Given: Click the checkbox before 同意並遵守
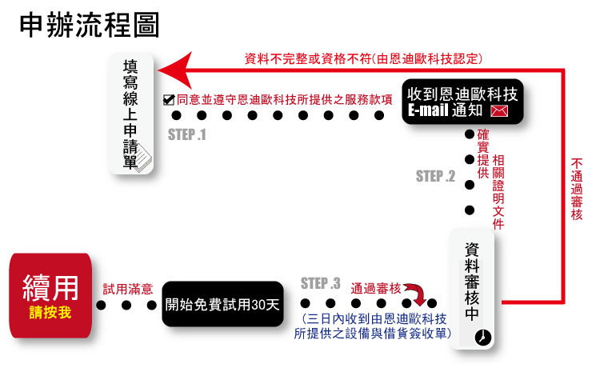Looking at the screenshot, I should [169, 100].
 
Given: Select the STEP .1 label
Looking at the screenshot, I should [187, 134].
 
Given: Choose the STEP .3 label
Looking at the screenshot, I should [321, 283].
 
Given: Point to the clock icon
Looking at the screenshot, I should [482, 338].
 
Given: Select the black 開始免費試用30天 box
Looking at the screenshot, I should [223, 305].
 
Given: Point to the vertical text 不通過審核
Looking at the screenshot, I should [578, 189].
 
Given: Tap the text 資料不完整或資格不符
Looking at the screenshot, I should [306, 58].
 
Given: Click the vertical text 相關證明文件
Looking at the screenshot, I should [498, 193].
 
